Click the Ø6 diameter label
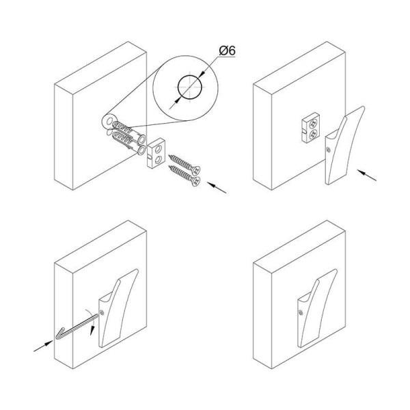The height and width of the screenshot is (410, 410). point(228,51)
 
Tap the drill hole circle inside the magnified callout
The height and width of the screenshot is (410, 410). point(190,87)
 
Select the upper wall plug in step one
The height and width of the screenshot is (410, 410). point(128,132)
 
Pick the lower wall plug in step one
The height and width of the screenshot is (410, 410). point(128,143)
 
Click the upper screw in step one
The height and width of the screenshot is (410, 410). point(184,165)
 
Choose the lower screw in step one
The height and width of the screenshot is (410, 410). point(184,176)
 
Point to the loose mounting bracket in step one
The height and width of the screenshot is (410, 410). point(156,153)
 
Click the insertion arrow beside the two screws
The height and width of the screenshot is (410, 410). point(217,188)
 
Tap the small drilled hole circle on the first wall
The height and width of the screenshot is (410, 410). point(109,121)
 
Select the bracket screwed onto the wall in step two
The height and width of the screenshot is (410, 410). point(311,127)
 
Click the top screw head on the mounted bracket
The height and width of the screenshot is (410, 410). point(314,123)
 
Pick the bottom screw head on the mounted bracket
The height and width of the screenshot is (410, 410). point(313,135)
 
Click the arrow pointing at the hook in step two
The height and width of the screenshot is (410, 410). point(367,175)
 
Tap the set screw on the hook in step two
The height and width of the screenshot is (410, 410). point(329,150)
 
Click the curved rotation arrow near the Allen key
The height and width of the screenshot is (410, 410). point(90,321)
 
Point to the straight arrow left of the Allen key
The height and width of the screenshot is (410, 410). point(44,346)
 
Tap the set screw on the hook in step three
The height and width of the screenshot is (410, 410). point(102,312)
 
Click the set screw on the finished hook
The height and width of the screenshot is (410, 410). point(301,312)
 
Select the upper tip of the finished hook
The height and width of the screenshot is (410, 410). point(336,270)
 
